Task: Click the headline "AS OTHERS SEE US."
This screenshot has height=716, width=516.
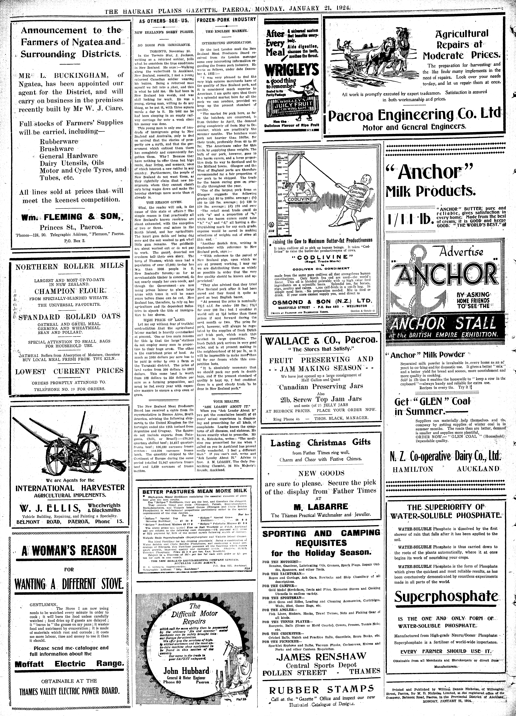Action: pos(163,21)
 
